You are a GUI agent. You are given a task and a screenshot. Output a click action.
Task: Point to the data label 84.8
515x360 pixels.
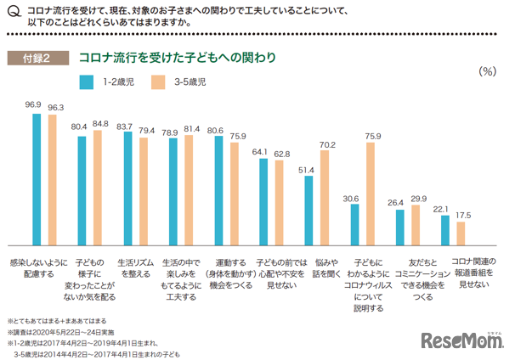100,124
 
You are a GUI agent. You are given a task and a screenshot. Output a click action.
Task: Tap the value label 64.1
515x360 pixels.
260,151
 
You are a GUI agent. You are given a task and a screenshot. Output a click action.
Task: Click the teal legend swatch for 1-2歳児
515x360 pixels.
86,82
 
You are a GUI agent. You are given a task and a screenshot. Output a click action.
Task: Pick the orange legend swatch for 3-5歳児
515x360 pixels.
157,82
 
